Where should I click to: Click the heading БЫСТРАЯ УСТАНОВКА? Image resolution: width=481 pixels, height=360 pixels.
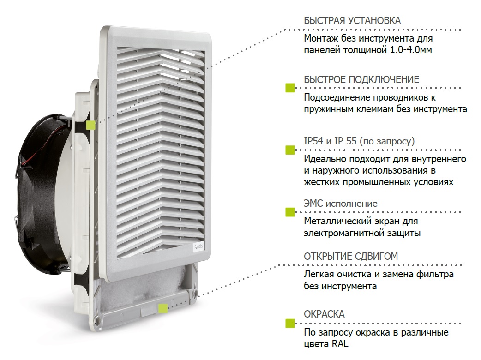352,21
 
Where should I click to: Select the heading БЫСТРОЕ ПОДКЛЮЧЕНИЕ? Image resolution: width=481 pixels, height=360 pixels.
361,80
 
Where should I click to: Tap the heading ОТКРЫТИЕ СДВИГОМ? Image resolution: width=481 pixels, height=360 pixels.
351,256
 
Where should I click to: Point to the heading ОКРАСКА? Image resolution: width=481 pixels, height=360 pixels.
324,314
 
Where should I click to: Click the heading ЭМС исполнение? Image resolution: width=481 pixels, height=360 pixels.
341,204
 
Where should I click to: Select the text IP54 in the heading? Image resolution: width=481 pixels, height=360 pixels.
313,141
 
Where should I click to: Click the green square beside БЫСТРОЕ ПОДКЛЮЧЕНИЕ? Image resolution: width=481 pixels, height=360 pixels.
290,88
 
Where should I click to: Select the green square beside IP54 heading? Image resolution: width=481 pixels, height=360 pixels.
290,150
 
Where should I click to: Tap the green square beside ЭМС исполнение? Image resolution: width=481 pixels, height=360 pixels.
290,212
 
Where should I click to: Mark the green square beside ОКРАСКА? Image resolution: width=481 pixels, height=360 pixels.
290,323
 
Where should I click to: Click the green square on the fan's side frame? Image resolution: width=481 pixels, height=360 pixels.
91,125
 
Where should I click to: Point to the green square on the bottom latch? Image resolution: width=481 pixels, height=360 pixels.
163,308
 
